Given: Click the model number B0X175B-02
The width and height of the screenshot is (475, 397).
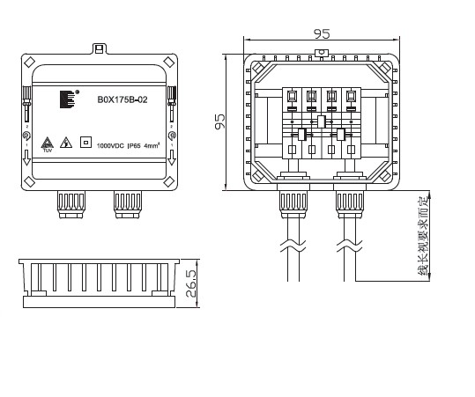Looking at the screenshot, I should pos(122,99).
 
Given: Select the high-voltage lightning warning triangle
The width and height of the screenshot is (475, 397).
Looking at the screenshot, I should pos(64,142).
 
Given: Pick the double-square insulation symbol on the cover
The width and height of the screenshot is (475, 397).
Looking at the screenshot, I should pos(85,141).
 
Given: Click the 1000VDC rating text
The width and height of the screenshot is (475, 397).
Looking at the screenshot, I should pos(110,144).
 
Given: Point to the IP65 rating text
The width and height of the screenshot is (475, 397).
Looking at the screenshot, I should pos(134,144).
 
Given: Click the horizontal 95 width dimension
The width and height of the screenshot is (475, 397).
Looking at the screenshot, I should pos(322,34).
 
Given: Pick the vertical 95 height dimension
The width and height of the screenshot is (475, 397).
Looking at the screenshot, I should pos(221,121).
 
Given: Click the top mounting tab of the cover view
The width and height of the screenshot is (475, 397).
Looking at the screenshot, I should pos(100,49).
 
